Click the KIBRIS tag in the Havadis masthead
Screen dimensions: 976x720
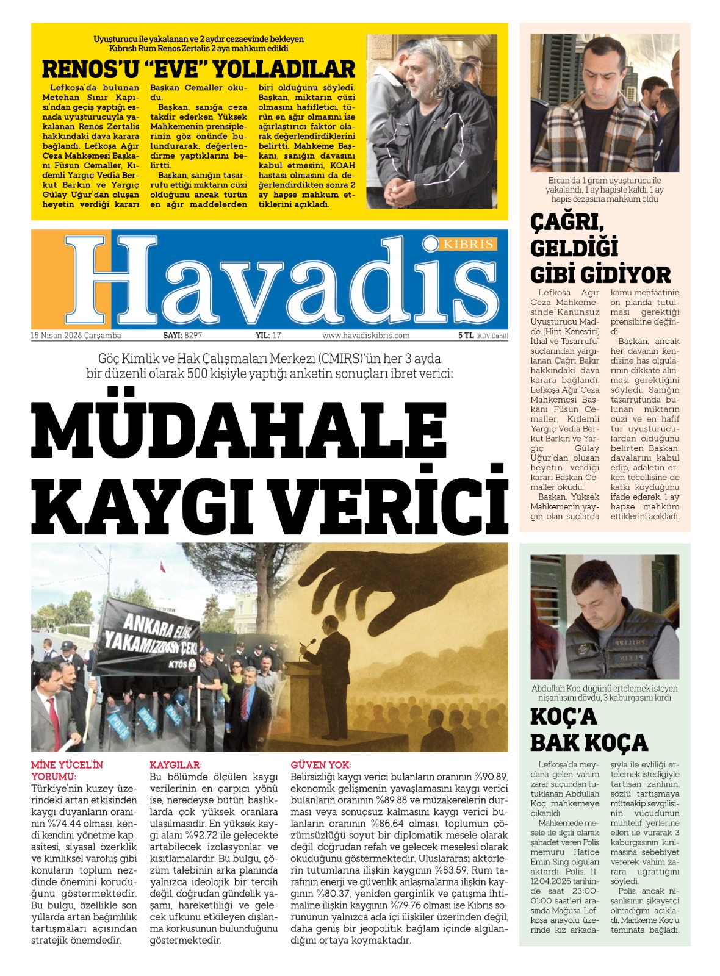pos(468,244)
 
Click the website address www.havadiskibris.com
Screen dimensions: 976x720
pos(366,335)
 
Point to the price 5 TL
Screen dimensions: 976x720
pos(466,335)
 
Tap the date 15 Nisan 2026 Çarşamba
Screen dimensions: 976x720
pos(76,335)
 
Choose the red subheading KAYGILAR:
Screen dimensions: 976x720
pos(176,765)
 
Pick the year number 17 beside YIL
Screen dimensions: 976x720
pos(277,335)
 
